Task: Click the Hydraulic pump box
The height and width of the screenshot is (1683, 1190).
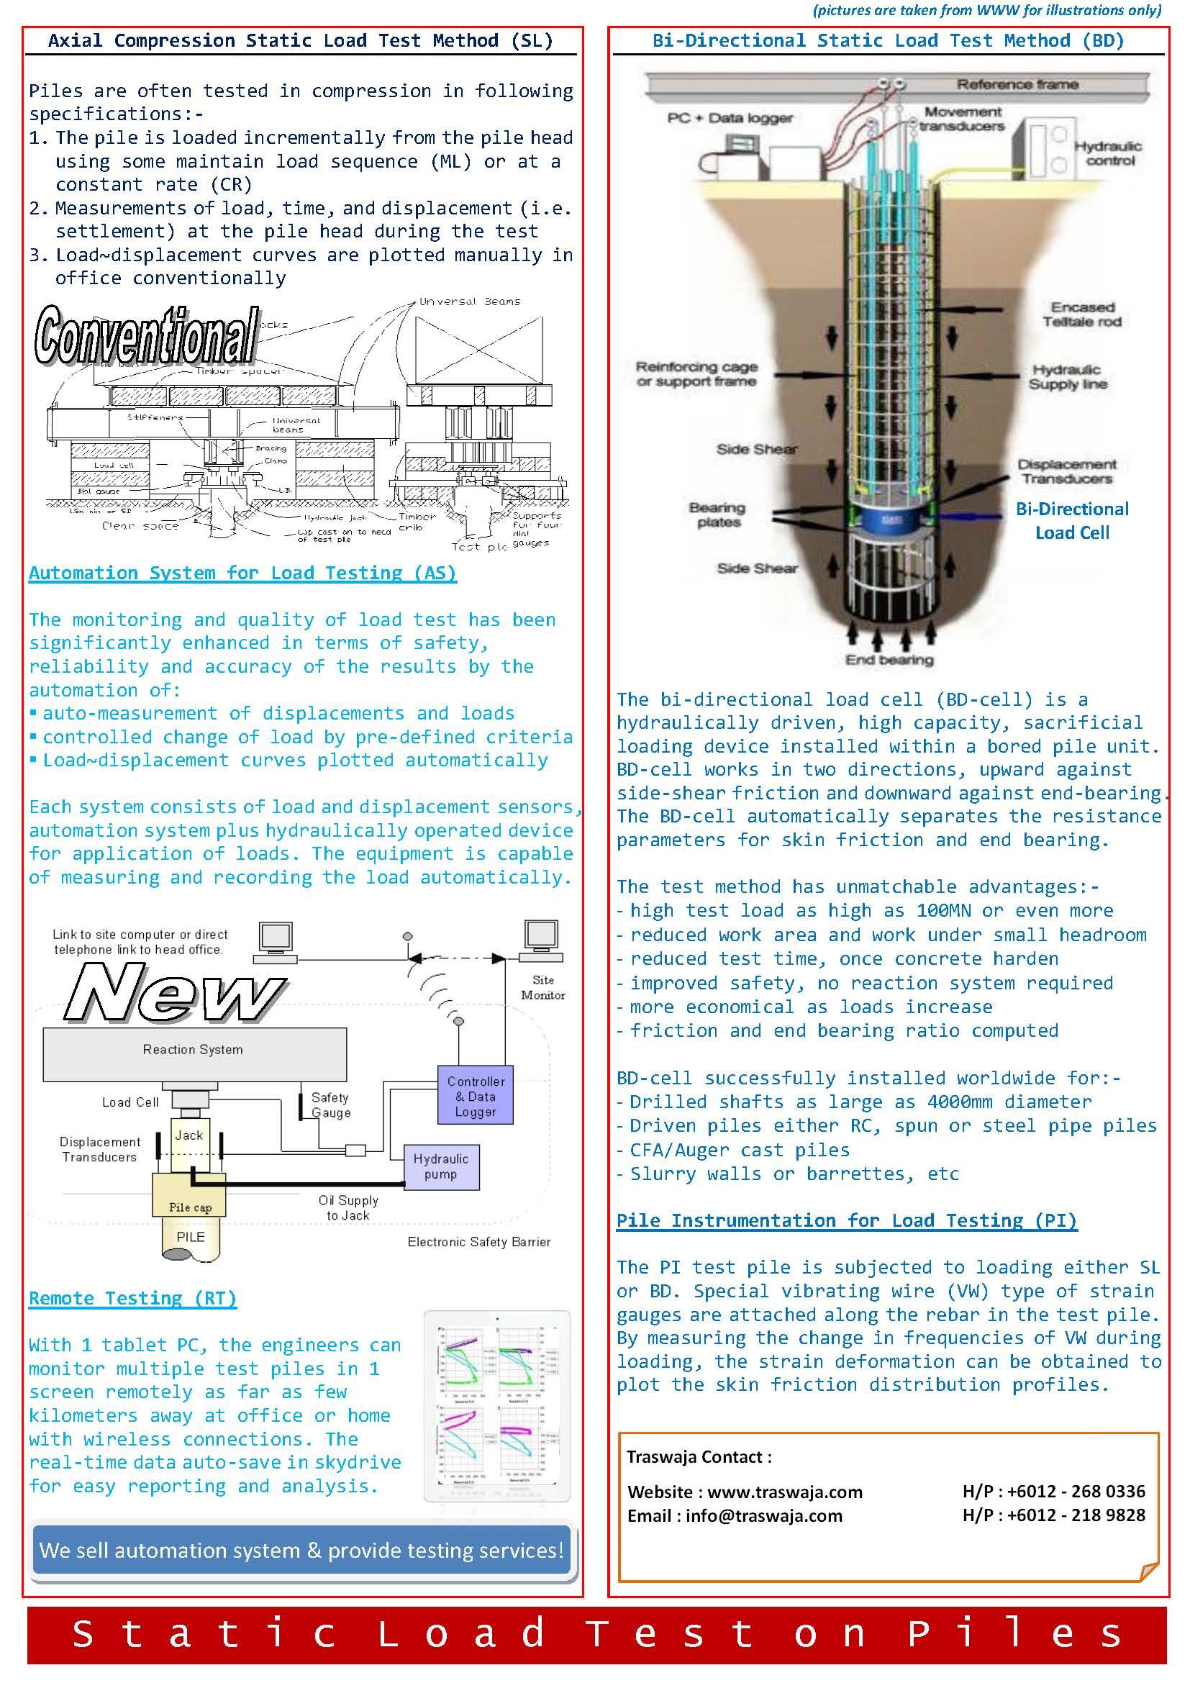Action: coord(441,1166)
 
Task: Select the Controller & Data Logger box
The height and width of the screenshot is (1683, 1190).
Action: coord(475,1096)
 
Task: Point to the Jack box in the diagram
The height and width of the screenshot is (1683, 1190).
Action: coord(189,1135)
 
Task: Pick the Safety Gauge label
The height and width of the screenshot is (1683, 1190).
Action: coord(330,1104)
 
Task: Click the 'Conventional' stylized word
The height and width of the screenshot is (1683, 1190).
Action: coord(147,335)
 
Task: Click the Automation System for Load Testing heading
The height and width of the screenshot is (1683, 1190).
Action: coord(242,573)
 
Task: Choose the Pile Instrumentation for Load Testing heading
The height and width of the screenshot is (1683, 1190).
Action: coord(846,1220)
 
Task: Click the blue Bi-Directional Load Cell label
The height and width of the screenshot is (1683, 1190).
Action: coord(1071,520)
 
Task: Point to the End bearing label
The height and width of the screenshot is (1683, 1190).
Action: coord(889,660)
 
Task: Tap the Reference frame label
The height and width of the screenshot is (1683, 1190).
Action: coord(1017,84)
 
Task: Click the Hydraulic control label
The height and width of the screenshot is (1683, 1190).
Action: coord(1108,153)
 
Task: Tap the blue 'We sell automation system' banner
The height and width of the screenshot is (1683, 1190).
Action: coord(301,1550)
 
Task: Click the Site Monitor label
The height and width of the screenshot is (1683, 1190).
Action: coord(543,987)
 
